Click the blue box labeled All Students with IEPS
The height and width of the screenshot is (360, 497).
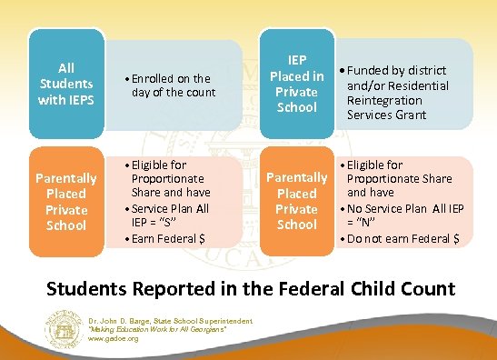[x=65, y=84]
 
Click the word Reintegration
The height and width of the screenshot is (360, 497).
[x=384, y=100]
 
